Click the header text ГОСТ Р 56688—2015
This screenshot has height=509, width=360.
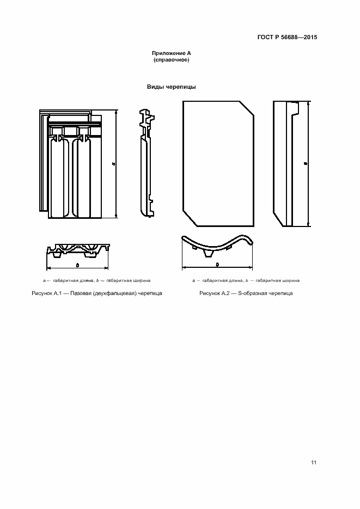pyautogui.click(x=287, y=38)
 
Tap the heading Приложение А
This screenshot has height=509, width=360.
pyautogui.click(x=172, y=53)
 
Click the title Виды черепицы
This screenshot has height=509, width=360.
pyautogui.click(x=171, y=87)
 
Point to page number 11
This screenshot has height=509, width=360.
pyautogui.click(x=314, y=463)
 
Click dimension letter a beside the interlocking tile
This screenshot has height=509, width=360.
pyautogui.click(x=112, y=163)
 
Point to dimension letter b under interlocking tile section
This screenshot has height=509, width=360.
pyautogui.click(x=78, y=265)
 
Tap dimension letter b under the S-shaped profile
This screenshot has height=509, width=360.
pyautogui.click(x=217, y=265)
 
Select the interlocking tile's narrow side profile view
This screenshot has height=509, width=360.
pyautogui.click(x=145, y=163)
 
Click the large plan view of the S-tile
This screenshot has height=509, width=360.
pyautogui.click(x=218, y=163)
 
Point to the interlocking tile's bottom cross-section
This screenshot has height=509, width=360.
pyautogui.click(x=78, y=250)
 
